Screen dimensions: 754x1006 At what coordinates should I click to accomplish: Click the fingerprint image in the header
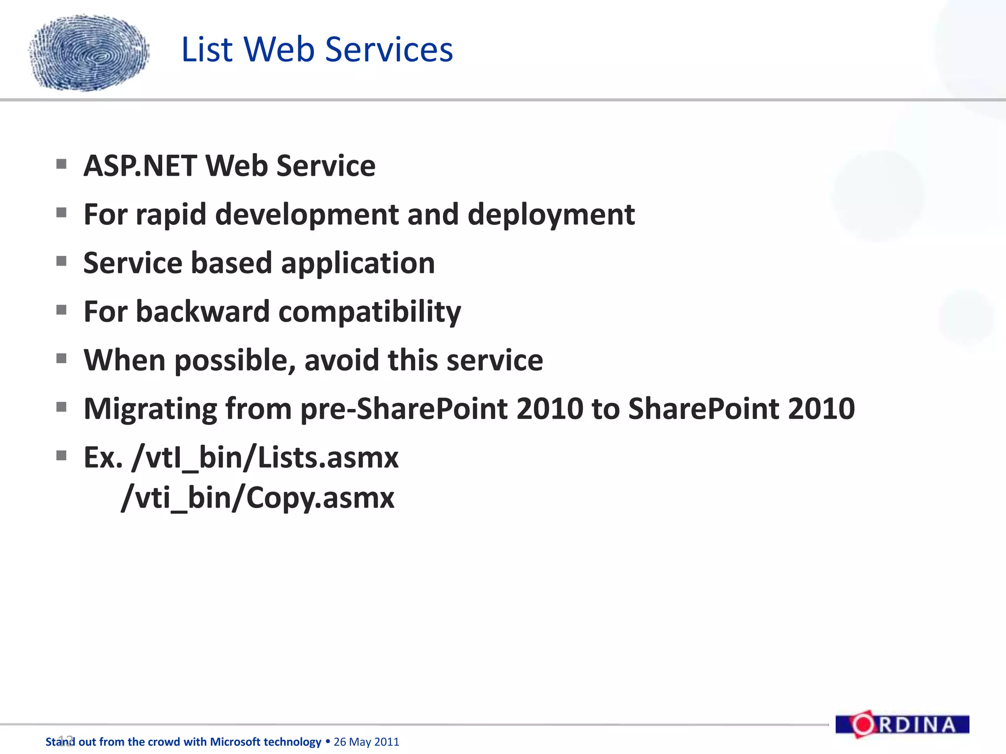(89, 53)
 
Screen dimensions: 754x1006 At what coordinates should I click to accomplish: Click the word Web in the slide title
(279, 50)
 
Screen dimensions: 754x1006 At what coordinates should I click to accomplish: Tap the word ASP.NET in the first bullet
(140, 166)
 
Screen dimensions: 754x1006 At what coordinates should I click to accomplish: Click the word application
(358, 263)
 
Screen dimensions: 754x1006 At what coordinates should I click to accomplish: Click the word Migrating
(150, 409)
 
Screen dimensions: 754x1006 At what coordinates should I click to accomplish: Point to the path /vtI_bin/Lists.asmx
(265, 458)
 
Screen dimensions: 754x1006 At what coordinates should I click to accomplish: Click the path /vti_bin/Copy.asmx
(257, 498)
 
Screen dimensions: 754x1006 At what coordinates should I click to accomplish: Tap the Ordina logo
(902, 725)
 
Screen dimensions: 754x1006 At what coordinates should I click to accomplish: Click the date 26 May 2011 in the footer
(366, 742)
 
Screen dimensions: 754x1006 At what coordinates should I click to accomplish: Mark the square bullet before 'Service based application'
(61, 261)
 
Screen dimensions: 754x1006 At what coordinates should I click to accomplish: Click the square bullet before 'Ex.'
(61, 456)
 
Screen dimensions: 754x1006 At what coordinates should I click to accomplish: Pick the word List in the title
(207, 50)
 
